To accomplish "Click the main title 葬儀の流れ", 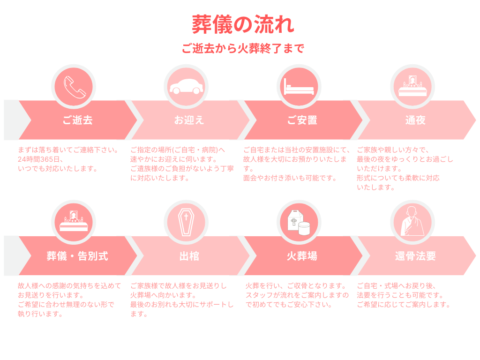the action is pos(243,24).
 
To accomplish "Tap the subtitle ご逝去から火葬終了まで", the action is pos(243,48).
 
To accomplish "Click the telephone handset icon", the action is pos(74,87).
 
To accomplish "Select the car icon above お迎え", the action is pos(187,86).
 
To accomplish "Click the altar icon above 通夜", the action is pos(412,86).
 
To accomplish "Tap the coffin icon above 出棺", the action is pos(186,222).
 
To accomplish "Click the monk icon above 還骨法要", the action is pos(412,222).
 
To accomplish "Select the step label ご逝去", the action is pos(77,120).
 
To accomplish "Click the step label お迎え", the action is pos(189,120).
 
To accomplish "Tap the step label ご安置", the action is pos(302,120).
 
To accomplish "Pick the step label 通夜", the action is pos(415,120).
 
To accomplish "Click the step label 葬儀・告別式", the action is pos(77,256).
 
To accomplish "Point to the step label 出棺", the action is pos(189,256).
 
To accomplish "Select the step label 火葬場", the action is pos(302,256).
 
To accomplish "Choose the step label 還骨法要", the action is pos(415,256).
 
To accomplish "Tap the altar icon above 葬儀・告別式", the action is pos(74,221).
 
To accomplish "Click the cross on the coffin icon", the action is pos(186,217).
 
